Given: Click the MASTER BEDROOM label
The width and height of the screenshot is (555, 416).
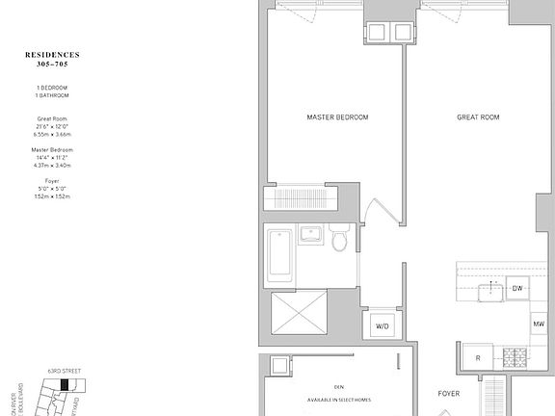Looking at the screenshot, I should click(x=337, y=117).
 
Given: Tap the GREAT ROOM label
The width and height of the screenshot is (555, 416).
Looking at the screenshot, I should click(x=478, y=117).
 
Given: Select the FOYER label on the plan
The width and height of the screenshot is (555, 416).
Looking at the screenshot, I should click(x=449, y=394).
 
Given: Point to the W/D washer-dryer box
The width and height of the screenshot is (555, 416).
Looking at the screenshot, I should click(x=383, y=326).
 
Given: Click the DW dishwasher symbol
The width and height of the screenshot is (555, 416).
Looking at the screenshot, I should click(x=517, y=288).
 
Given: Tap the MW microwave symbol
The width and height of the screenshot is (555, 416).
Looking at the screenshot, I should click(x=538, y=325).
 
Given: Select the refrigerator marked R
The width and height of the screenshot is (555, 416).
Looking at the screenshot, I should click(x=477, y=358).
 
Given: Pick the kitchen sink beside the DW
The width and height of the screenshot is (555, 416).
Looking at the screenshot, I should click(x=492, y=289).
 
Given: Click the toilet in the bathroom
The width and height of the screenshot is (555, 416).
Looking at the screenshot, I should click(x=340, y=238).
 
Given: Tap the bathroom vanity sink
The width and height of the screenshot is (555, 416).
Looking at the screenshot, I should click(x=310, y=235).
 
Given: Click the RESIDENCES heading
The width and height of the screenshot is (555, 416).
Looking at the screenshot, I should click(x=52, y=55).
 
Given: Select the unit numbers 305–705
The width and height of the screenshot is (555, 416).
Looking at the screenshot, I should click(x=52, y=65).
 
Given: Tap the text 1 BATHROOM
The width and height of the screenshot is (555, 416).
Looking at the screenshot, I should click(x=52, y=95).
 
